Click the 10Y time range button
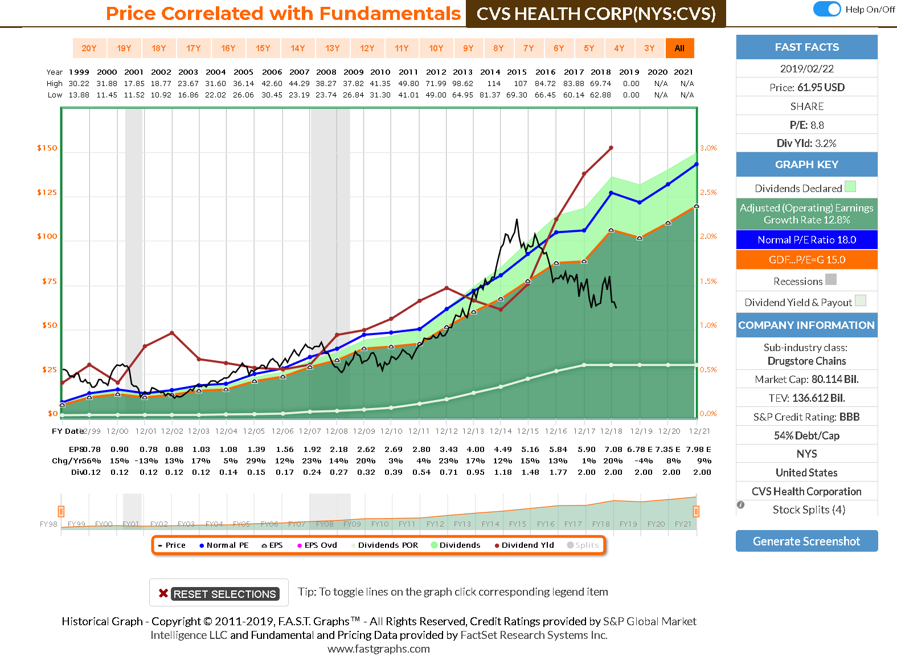(436, 48)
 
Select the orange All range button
(679, 48)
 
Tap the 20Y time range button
(89, 48)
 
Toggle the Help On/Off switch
(827, 9)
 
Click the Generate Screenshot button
(806, 541)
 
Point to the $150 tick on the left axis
(47, 148)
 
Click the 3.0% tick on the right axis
(708, 148)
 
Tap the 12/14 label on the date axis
(501, 431)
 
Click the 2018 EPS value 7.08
(613, 450)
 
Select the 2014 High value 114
(493, 84)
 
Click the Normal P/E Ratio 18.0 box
(806, 240)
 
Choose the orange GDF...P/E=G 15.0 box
(806, 260)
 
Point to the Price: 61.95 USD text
(806, 87)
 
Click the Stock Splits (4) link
(809, 510)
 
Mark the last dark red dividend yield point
(611, 148)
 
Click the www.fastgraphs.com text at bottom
(379, 649)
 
